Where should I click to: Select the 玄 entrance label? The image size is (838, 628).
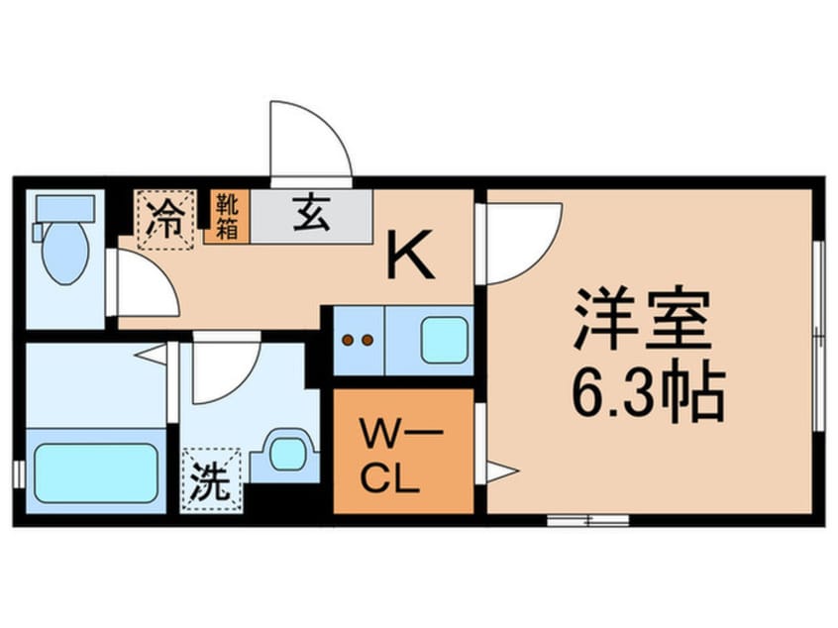[x=310, y=215]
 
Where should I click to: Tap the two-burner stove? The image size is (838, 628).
[x=358, y=341]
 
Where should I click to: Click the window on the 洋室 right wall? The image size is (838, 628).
[x=818, y=337]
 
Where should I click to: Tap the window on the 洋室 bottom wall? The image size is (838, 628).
[x=587, y=519]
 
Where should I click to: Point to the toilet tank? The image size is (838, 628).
[x=64, y=209]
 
